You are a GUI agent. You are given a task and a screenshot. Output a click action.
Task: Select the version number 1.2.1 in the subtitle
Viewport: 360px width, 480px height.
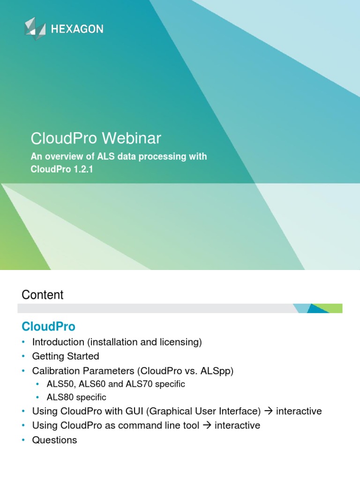tap(82, 169)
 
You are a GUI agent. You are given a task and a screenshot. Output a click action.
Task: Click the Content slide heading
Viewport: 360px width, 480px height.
tap(42, 295)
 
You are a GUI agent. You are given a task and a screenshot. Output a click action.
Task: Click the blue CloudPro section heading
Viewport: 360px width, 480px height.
tap(48, 326)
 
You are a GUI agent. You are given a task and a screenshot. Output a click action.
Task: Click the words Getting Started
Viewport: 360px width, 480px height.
tap(66, 356)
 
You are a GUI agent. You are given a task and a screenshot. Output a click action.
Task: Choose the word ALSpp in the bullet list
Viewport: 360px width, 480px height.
tap(217, 370)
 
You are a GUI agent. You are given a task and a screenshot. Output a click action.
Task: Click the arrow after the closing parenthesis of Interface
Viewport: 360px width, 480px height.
tap(269, 412)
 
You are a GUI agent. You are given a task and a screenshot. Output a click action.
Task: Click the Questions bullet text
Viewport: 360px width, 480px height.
tap(54, 440)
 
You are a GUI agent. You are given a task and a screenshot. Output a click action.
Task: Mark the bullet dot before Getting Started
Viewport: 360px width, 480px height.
tap(23, 357)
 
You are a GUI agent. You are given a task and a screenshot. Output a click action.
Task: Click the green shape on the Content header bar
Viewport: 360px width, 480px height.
tap(334, 307)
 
